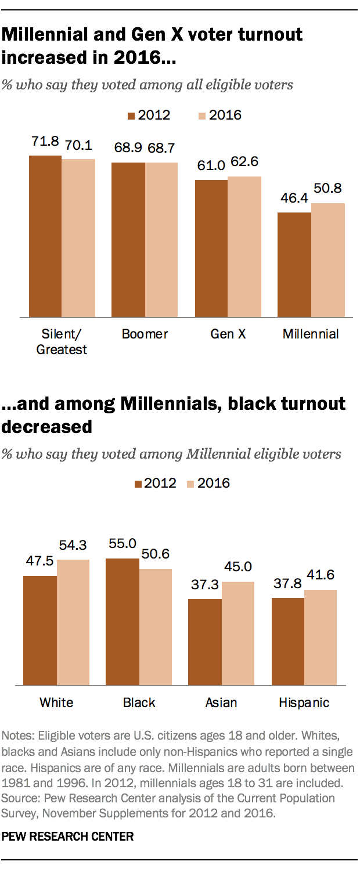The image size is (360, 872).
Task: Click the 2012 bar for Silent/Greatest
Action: (x=45, y=236)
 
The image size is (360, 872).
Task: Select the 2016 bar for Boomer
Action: (x=161, y=240)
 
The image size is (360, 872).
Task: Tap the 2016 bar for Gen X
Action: (x=244, y=247)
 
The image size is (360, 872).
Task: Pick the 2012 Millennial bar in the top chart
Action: (x=294, y=265)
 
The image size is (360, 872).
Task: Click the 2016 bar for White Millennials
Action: (x=73, y=622)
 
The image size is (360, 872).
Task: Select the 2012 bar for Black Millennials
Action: (x=123, y=622)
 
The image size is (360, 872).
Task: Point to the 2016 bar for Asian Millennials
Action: (x=237, y=633)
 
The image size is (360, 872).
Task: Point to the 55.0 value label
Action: (x=122, y=544)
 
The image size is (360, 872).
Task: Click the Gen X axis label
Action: (x=227, y=334)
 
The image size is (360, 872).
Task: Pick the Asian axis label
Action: (x=221, y=702)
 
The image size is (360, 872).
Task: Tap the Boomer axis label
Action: (x=145, y=334)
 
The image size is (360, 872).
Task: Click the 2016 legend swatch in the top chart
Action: (x=201, y=116)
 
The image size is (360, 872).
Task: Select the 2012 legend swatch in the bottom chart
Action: (x=138, y=483)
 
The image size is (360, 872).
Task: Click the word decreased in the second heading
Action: (x=48, y=427)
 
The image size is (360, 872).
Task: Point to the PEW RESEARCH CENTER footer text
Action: (x=68, y=837)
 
